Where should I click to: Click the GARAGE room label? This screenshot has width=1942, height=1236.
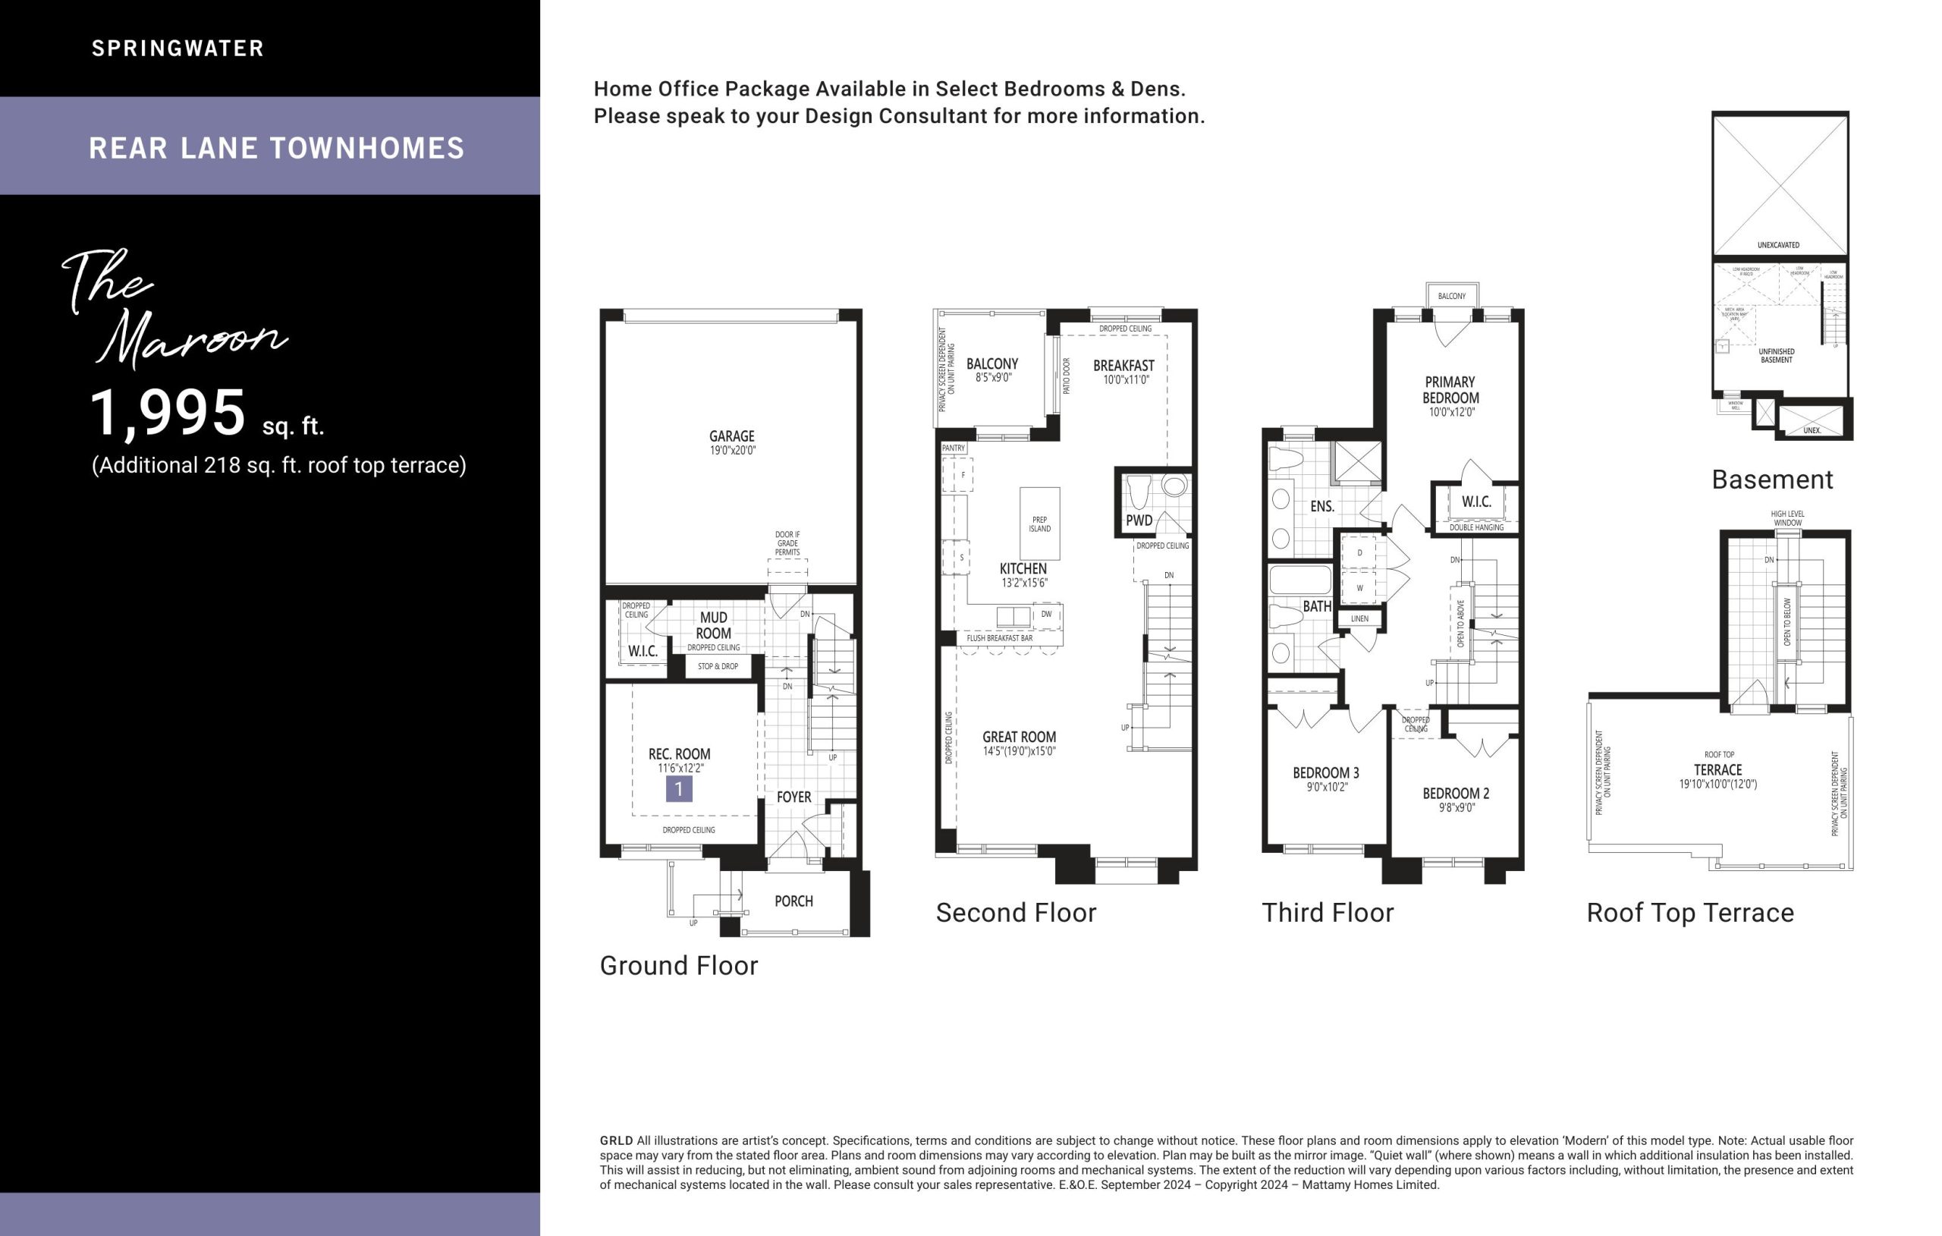coord(731,436)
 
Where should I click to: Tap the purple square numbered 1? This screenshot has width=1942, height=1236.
coord(678,788)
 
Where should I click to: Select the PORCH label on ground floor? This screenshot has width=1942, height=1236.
coord(793,901)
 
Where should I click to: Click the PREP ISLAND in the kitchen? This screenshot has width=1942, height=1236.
coord(1039,524)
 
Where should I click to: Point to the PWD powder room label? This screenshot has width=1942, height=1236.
coord(1139,521)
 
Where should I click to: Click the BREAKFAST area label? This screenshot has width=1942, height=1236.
coord(1123,366)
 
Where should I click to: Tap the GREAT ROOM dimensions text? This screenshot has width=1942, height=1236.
coord(1019,751)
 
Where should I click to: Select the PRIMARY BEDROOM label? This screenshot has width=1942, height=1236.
coord(1450,390)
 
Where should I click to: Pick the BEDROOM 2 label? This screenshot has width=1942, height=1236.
coord(1456,793)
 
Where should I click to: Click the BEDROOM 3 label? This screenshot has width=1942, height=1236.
coord(1326,772)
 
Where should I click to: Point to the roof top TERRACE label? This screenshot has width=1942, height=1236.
coord(1717,769)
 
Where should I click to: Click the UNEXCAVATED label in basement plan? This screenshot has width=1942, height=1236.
coord(1778,244)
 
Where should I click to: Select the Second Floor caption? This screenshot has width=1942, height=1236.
coord(1015,913)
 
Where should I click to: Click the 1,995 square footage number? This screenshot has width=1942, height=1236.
coord(167,413)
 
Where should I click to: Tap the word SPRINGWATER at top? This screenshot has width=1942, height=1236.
coord(178,49)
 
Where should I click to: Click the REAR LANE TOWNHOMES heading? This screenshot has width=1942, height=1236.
coord(277,149)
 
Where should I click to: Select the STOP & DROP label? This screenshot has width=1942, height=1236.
coord(717,666)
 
